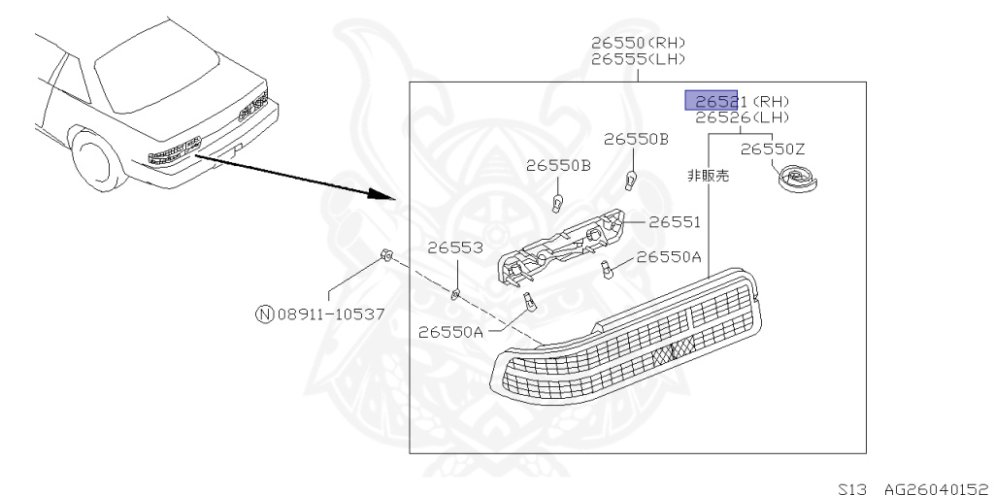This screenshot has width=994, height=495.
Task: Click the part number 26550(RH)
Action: [x=638, y=43]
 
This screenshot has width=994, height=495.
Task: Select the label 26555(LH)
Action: [x=638, y=58]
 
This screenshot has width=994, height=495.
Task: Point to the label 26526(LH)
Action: [x=742, y=117]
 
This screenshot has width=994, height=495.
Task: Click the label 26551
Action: [x=674, y=222]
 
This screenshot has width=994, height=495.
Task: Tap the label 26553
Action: [x=455, y=248]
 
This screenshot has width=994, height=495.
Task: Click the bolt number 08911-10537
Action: [x=330, y=313]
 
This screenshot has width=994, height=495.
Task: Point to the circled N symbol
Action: [x=264, y=313]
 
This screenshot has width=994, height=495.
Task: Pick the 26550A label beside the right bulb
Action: [x=669, y=257]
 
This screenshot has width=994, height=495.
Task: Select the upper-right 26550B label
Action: [x=636, y=139]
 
